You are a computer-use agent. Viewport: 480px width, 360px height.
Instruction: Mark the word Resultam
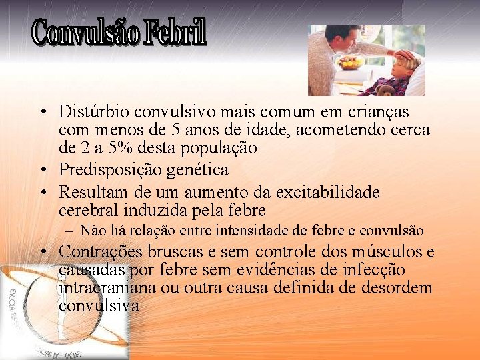pyautogui.click(x=90, y=193)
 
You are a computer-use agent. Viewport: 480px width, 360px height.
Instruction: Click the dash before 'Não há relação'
pyautogui.click(x=70, y=231)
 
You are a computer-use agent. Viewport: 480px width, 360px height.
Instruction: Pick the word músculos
pyautogui.click(x=390, y=252)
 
